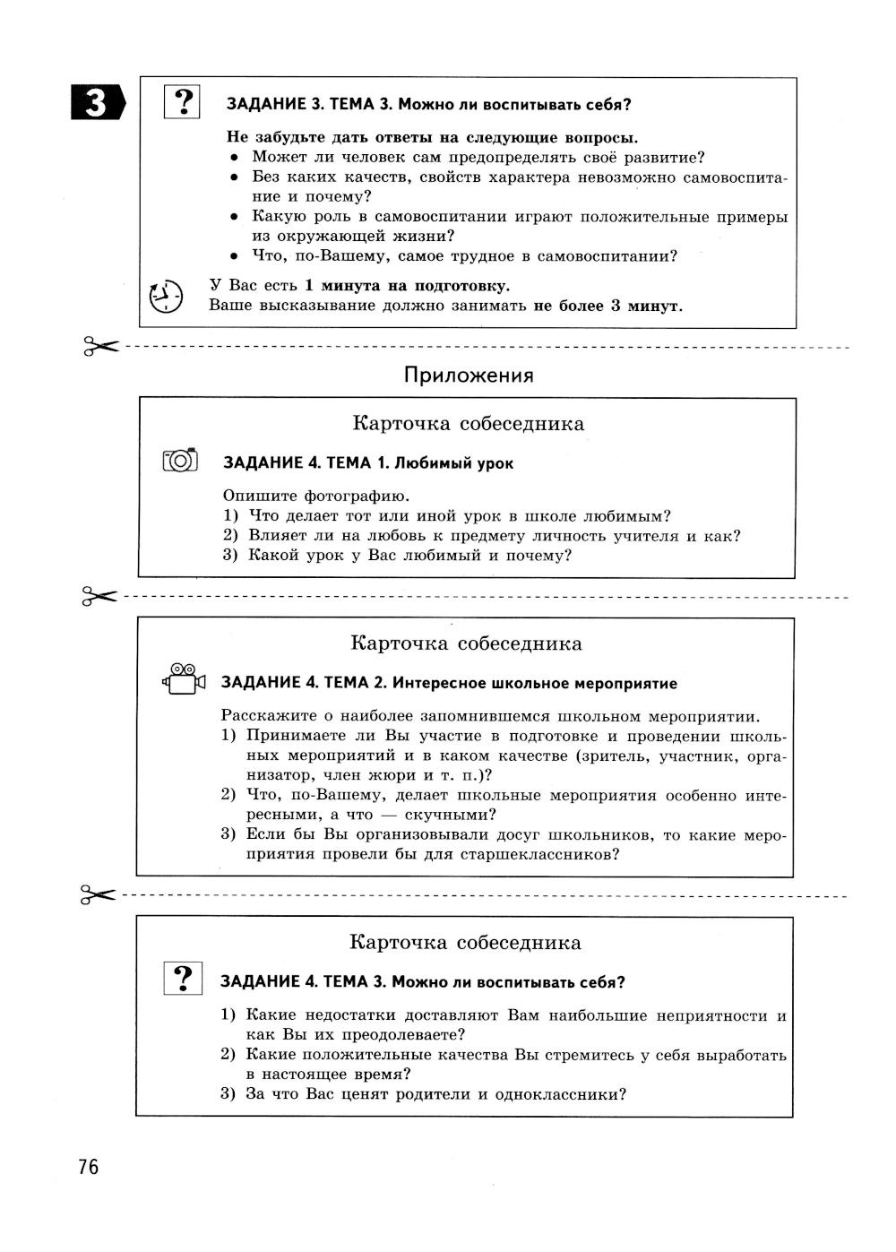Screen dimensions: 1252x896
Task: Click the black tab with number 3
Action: [x=97, y=104]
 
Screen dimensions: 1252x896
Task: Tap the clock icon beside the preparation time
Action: [x=166, y=296]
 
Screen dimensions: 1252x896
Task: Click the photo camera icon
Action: [x=180, y=461]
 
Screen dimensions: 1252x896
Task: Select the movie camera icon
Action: [x=184, y=680]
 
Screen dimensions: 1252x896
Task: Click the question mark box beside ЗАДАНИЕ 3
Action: [x=183, y=103]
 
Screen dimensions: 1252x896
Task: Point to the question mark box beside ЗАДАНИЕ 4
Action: [x=183, y=979]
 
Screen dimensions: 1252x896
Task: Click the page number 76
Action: [x=88, y=1167]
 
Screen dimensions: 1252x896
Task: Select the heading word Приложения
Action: [x=468, y=376]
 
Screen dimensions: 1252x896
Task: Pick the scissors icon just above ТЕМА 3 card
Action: [x=99, y=894]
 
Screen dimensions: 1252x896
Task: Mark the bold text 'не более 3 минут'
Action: [x=607, y=306]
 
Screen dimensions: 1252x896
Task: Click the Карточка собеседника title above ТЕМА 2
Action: [x=466, y=643]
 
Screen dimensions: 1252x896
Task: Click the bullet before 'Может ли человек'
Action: [x=234, y=158]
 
